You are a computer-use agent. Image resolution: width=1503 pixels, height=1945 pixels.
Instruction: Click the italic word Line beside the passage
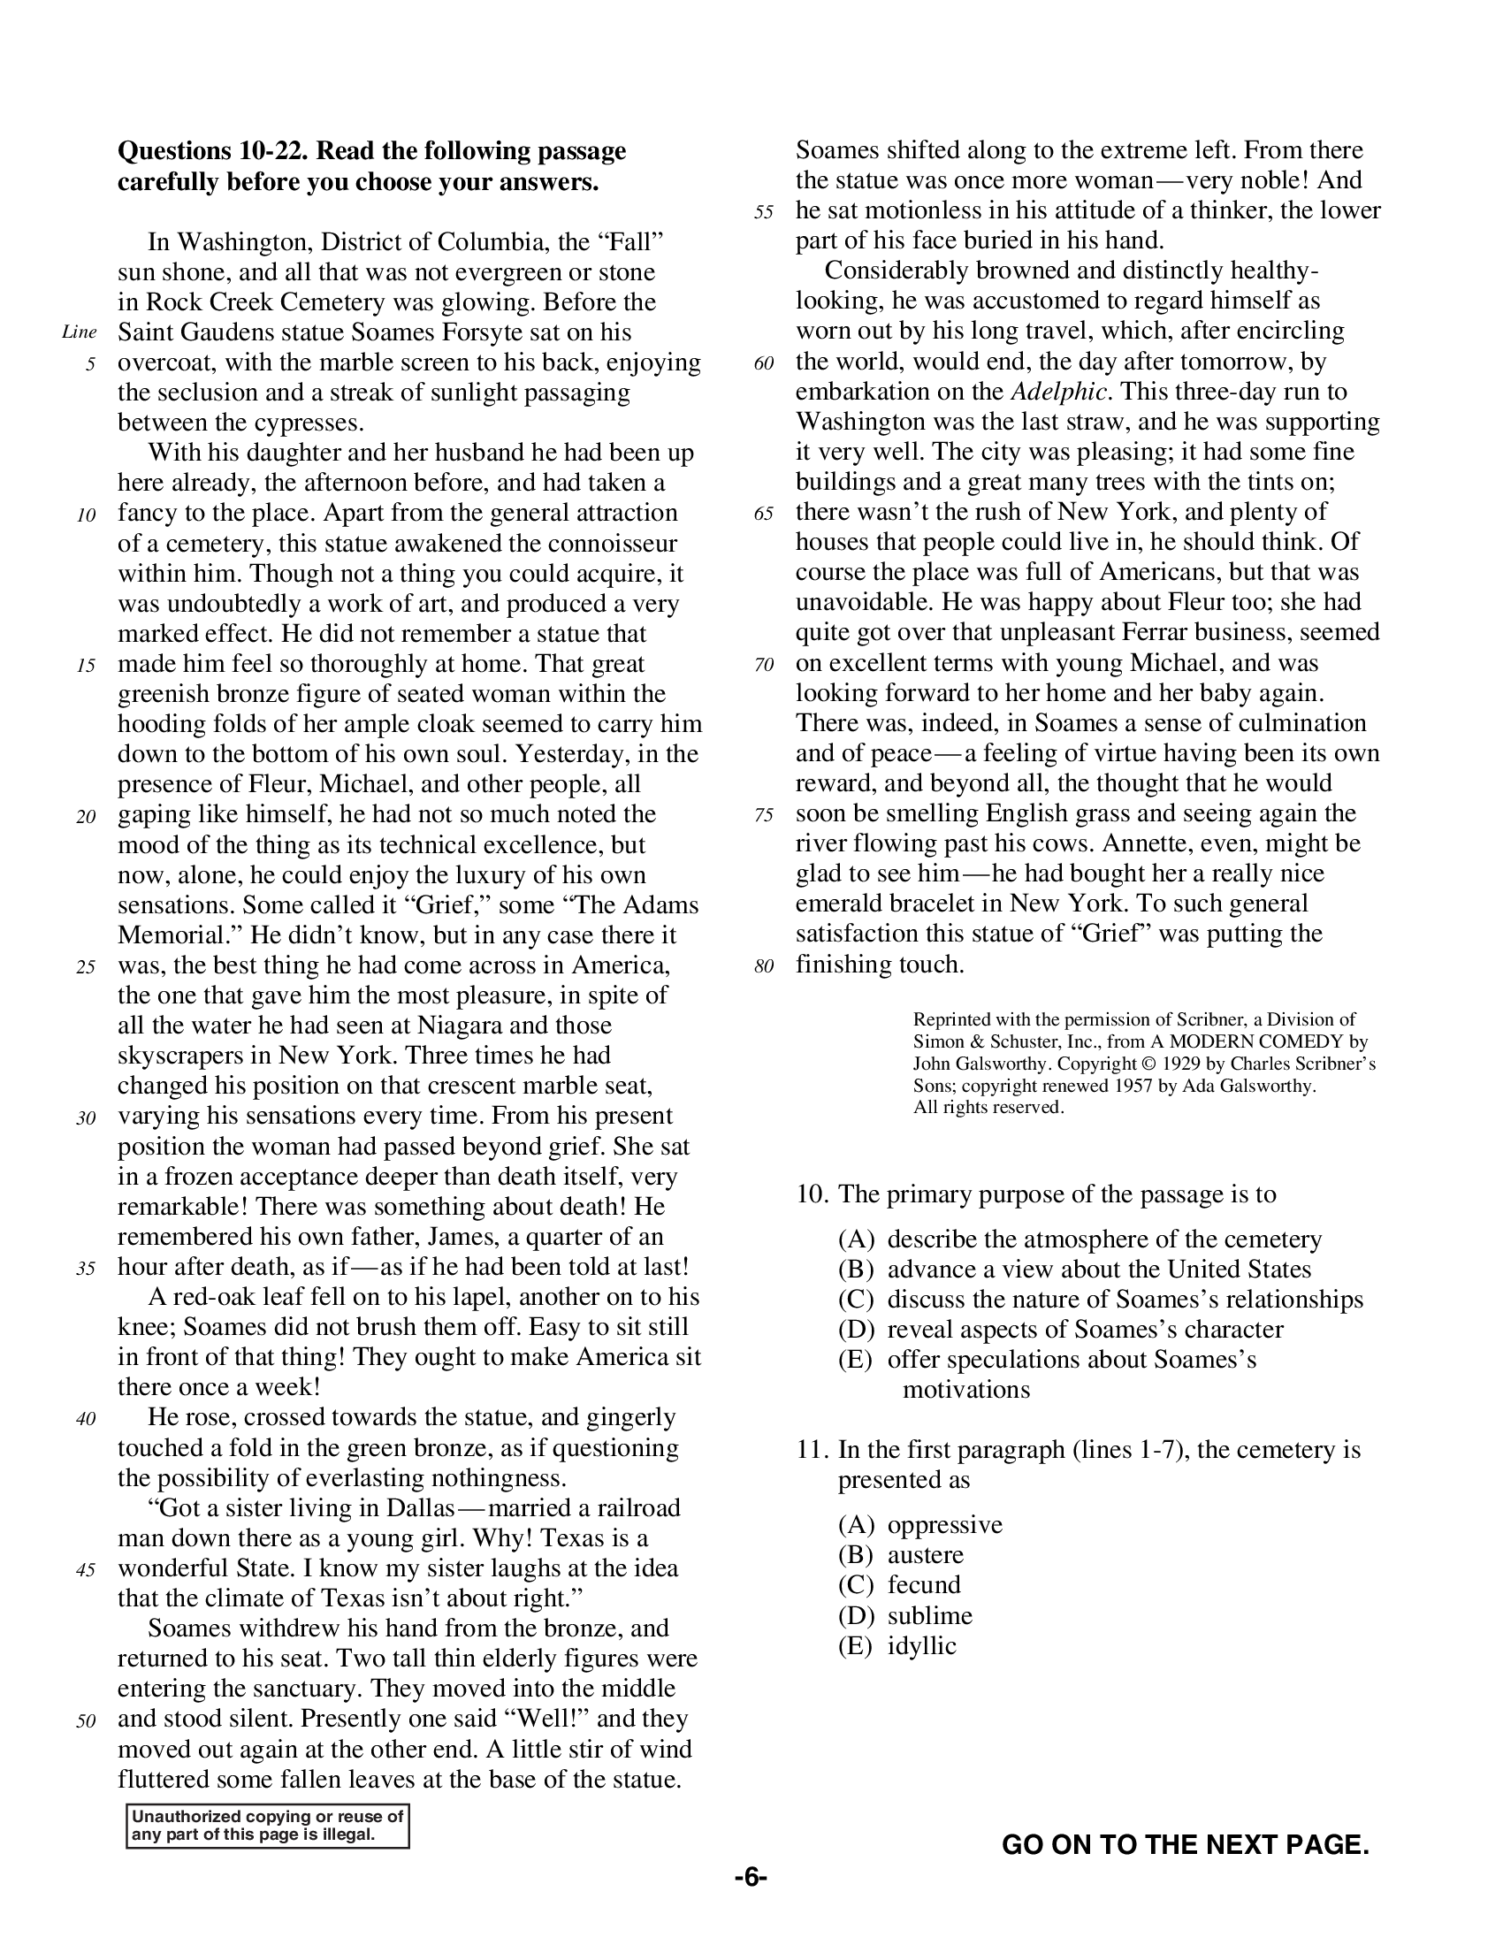(80, 333)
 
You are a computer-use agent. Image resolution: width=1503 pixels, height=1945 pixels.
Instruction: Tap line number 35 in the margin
(86, 1268)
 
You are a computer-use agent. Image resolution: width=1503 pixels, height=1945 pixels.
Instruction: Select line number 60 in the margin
(763, 363)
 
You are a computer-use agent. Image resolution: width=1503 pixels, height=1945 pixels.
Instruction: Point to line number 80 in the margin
(763, 966)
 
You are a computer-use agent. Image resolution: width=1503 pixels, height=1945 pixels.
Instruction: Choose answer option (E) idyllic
(896, 1646)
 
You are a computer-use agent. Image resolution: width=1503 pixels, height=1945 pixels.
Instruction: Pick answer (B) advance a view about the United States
(1074, 1269)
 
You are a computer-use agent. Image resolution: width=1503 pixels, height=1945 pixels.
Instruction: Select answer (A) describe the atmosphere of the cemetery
(1080, 1239)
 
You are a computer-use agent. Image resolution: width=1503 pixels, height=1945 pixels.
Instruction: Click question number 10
(812, 1194)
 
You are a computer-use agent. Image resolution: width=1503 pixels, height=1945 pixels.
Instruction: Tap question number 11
(812, 1450)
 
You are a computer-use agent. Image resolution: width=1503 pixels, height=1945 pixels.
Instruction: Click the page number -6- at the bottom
(751, 1877)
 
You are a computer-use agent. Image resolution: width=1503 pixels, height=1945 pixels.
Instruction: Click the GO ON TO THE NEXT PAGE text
(1185, 1844)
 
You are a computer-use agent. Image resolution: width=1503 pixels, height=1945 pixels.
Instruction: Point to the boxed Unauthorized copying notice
(267, 1826)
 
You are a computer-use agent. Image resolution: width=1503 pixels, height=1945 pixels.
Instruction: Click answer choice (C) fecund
(899, 1585)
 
